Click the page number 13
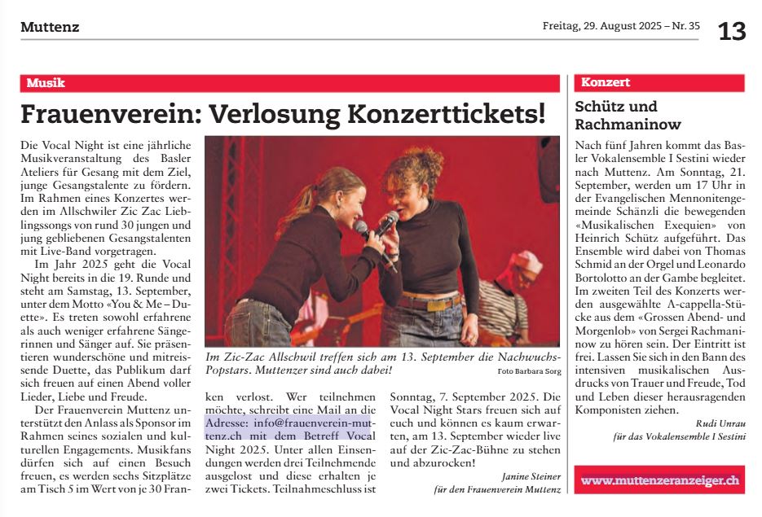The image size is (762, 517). coord(731,31)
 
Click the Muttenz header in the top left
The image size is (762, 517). coord(50,27)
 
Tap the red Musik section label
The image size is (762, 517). coord(46,83)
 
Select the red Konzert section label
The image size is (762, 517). coord(606,82)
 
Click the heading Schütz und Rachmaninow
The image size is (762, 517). coord(628,116)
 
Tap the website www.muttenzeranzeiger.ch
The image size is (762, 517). coord(659,480)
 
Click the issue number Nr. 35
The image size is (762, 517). coord(684,26)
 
